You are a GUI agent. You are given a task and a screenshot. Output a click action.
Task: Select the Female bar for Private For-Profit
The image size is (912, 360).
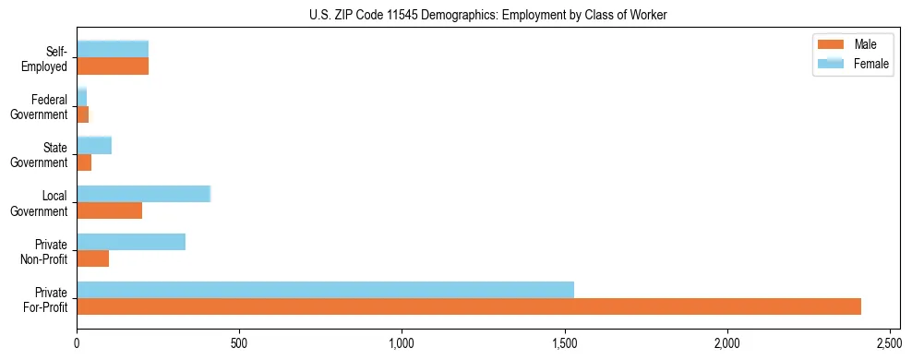pos(325,290)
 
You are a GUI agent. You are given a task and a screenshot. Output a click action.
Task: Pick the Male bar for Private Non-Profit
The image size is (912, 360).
pos(93,258)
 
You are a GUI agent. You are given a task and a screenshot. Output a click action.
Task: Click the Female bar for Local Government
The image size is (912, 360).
pos(144,194)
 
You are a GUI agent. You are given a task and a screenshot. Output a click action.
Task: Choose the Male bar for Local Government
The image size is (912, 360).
pos(110,210)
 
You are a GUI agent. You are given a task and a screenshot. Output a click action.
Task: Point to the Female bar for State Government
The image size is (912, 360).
pos(94,145)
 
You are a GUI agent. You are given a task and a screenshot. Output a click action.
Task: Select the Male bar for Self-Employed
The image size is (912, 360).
pos(113,66)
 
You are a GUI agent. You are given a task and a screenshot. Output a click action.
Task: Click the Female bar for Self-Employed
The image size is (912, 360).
pos(113,50)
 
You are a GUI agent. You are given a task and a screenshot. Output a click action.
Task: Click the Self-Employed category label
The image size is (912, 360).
pos(45,59)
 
